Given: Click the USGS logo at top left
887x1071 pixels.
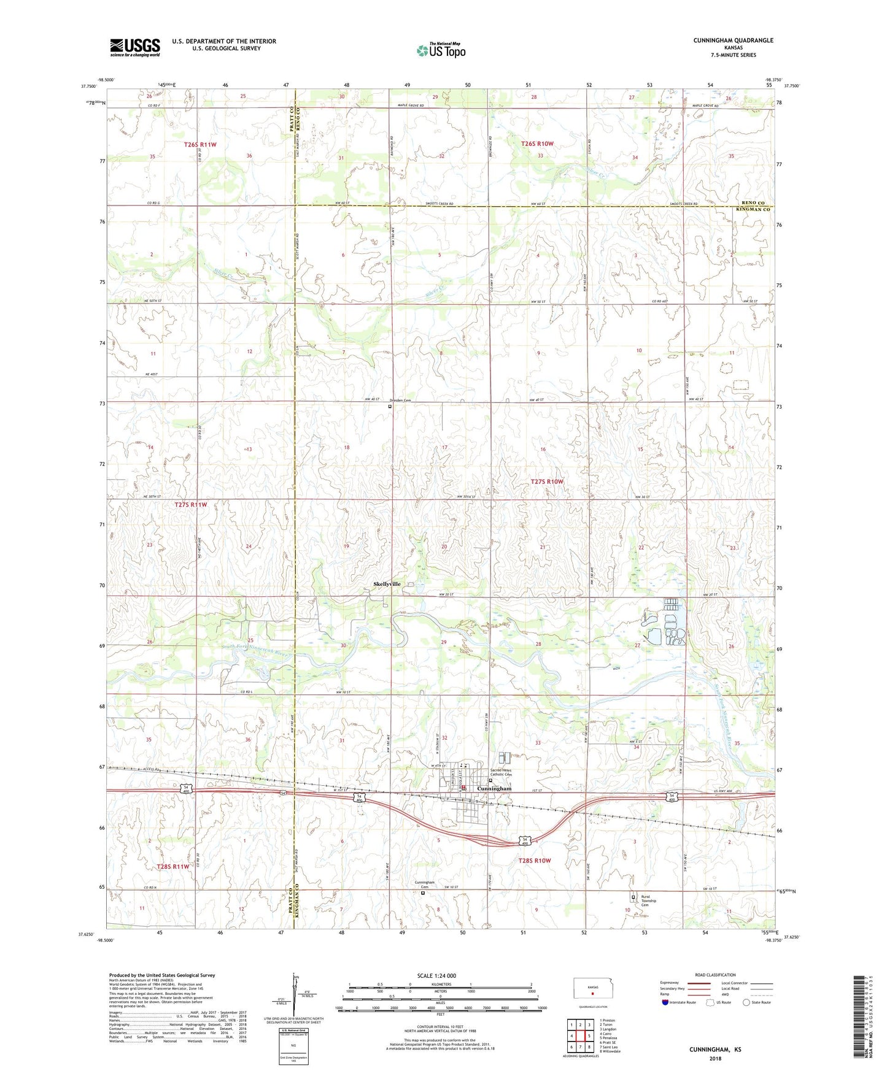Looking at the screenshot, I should tap(135, 47).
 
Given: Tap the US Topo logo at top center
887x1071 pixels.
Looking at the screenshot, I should tap(441, 50).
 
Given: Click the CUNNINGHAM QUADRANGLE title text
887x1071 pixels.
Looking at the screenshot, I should tap(733, 40).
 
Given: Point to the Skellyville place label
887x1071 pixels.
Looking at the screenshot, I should tap(387, 584).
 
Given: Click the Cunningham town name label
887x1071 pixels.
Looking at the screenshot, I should tap(494, 788).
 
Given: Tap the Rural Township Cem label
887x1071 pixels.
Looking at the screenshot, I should tap(649, 900).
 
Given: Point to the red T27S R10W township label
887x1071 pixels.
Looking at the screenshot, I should tap(546, 482).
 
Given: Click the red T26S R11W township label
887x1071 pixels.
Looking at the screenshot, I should tap(200, 144).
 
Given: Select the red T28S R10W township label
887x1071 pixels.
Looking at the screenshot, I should tap(534, 861).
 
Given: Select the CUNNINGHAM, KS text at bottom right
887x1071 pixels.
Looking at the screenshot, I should tap(715, 1050).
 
